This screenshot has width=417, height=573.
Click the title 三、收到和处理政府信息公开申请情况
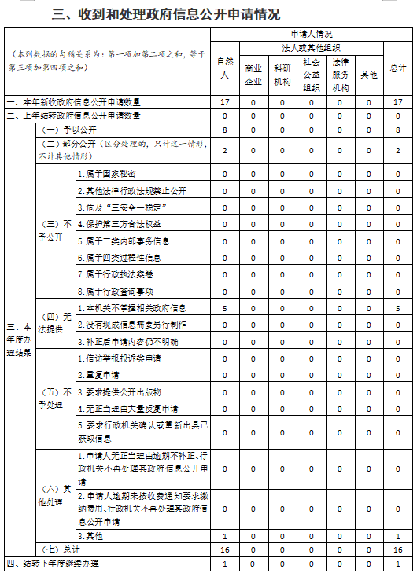[x=165, y=14]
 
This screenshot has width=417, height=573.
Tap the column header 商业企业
[x=253, y=74]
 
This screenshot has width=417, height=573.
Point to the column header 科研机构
[x=282, y=74]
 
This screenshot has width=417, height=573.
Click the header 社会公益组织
[x=311, y=74]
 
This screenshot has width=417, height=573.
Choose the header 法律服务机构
[x=340, y=74]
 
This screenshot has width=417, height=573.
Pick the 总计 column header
[x=398, y=68]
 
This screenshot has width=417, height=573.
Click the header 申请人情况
[x=311, y=34]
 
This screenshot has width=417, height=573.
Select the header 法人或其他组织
[x=311, y=47]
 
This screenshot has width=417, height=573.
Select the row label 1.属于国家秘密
[x=107, y=173]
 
